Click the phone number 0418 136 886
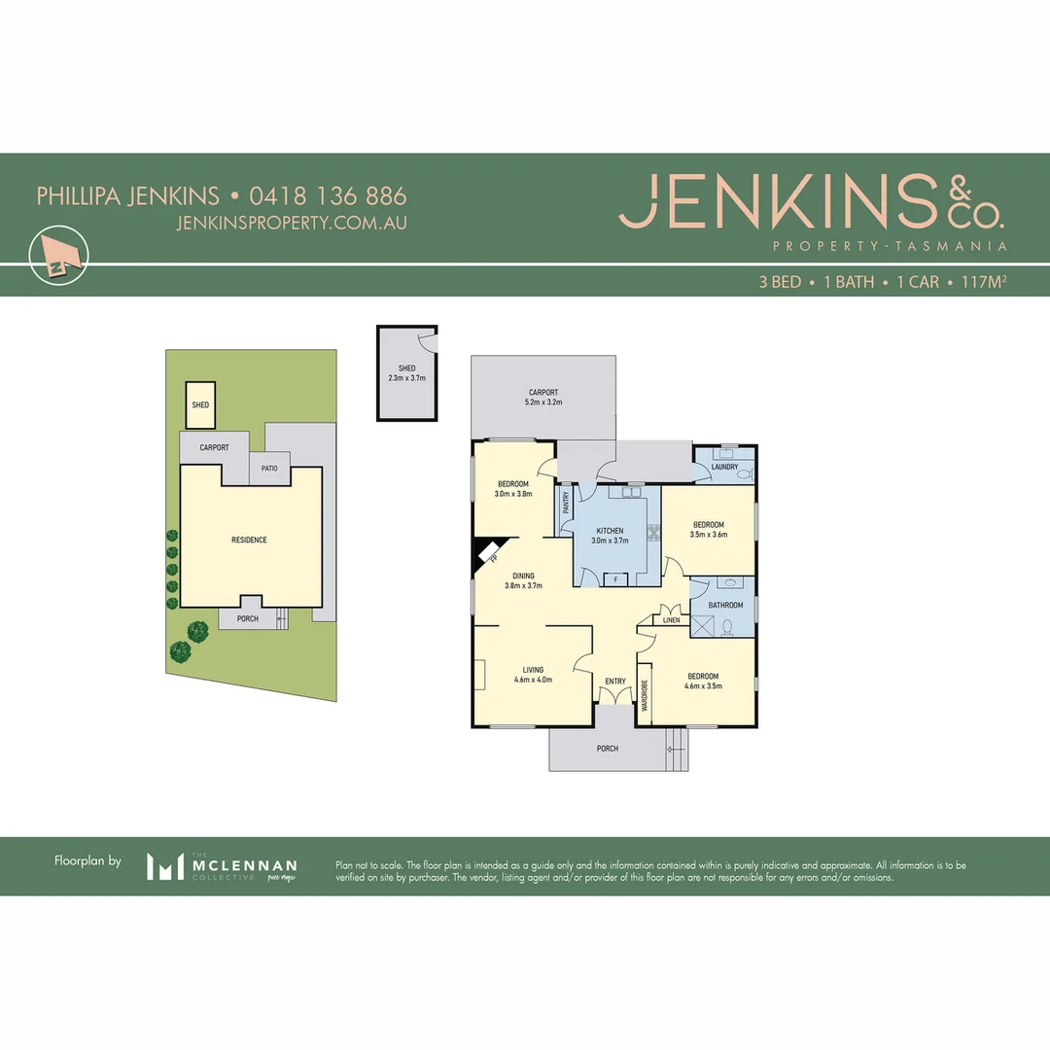pyautogui.click(x=328, y=195)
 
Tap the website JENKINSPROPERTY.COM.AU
pyautogui.click(x=292, y=223)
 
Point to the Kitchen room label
pyautogui.click(x=610, y=536)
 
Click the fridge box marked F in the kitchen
pyautogui.click(x=614, y=579)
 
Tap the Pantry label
pyautogui.click(x=565, y=504)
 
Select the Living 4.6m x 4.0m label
pyautogui.click(x=533, y=675)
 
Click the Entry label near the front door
pyautogui.click(x=615, y=682)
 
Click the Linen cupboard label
pyautogui.click(x=672, y=619)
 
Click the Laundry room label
pyautogui.click(x=725, y=468)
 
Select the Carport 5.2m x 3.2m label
pyautogui.click(x=543, y=397)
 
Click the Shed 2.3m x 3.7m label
pyautogui.click(x=406, y=372)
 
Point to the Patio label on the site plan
pyautogui.click(x=269, y=469)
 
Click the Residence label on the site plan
pyautogui.click(x=249, y=540)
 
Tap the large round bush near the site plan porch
pyautogui.click(x=197, y=632)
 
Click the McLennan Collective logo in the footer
pyautogui.click(x=222, y=865)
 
